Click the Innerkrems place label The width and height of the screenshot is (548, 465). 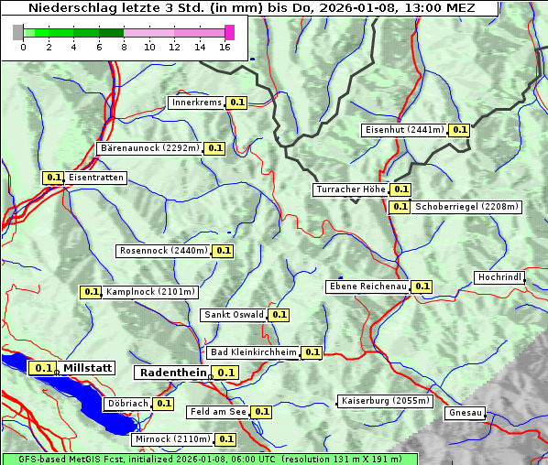(x=196, y=103)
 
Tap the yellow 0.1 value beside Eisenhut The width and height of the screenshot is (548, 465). (x=459, y=130)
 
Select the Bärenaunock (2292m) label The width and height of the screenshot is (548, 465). (x=148, y=147)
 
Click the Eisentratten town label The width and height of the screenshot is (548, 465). (x=95, y=178)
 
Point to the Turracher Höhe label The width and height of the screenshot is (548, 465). (x=350, y=189)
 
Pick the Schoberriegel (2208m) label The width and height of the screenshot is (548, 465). (x=466, y=207)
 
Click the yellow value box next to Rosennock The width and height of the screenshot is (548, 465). (x=223, y=251)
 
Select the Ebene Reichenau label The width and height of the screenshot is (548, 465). (x=367, y=287)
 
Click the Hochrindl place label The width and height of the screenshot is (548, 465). (x=499, y=277)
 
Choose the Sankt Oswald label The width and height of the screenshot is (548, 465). (x=234, y=315)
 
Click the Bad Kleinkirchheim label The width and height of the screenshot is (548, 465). (x=254, y=352)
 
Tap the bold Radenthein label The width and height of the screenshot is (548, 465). (x=172, y=373)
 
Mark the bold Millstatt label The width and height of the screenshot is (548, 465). (x=87, y=368)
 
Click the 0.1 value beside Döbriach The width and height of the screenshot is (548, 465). (x=163, y=403)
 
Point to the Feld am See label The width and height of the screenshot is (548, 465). (x=218, y=412)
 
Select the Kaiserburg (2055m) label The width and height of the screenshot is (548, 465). (x=384, y=401)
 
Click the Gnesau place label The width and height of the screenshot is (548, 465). (x=466, y=413)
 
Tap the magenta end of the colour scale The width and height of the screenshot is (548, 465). (x=229, y=32)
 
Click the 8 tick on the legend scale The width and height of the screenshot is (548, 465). (x=124, y=47)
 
